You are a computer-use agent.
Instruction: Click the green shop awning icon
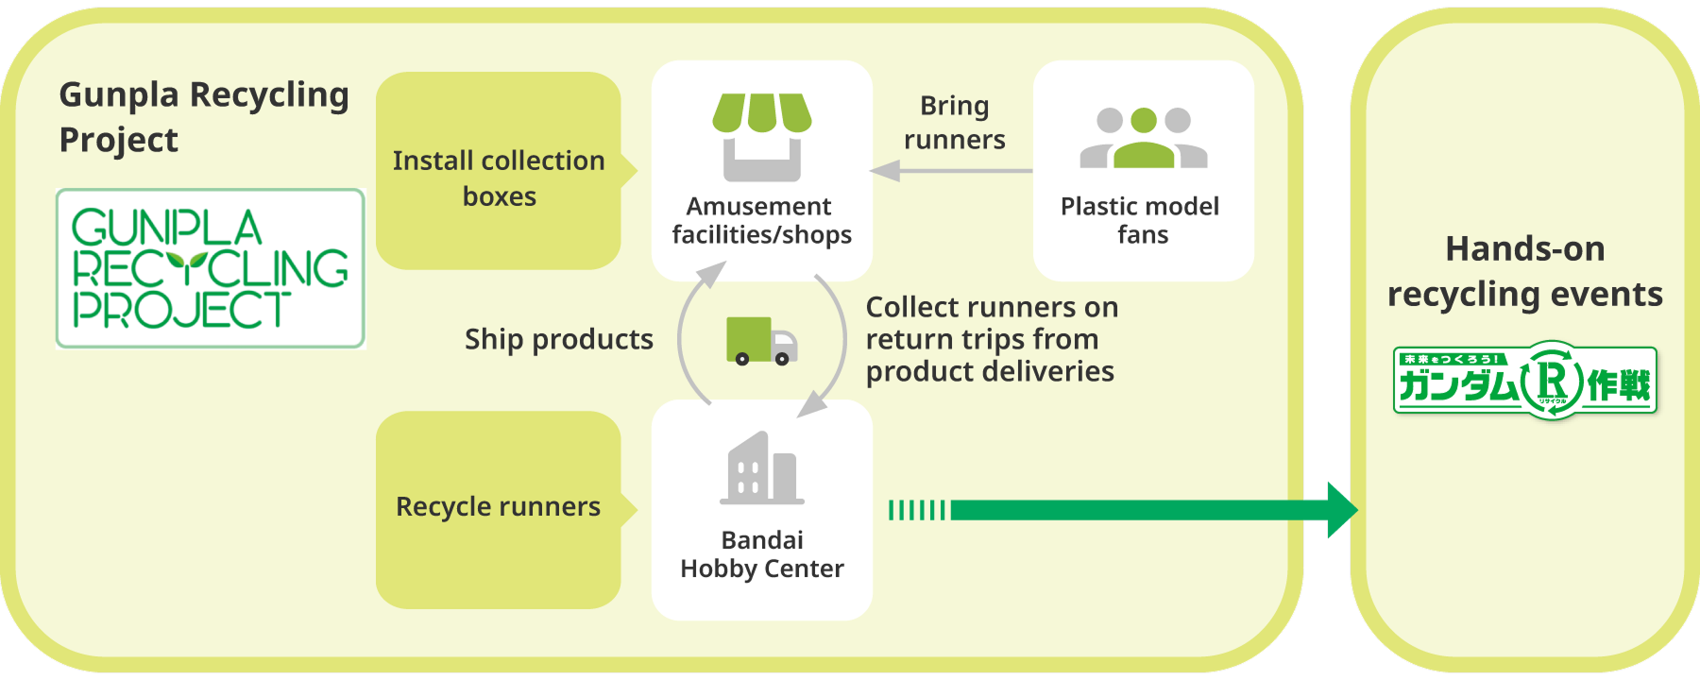point(761,112)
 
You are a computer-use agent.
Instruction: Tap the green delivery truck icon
point(761,340)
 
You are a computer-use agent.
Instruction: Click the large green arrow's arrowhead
point(1341,510)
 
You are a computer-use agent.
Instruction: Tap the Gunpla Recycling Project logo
point(210,268)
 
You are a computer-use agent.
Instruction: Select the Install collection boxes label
point(499,178)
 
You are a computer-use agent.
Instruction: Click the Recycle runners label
point(498,507)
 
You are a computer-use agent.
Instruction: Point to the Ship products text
point(558,339)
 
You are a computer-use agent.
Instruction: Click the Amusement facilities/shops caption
point(761,220)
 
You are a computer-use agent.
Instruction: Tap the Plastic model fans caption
point(1141,220)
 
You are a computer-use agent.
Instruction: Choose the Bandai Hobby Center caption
point(761,554)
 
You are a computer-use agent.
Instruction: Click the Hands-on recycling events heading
point(1524,271)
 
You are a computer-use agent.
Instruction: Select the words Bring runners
point(954,123)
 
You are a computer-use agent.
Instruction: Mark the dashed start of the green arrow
point(916,511)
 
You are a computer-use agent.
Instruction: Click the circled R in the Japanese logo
point(1552,382)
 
